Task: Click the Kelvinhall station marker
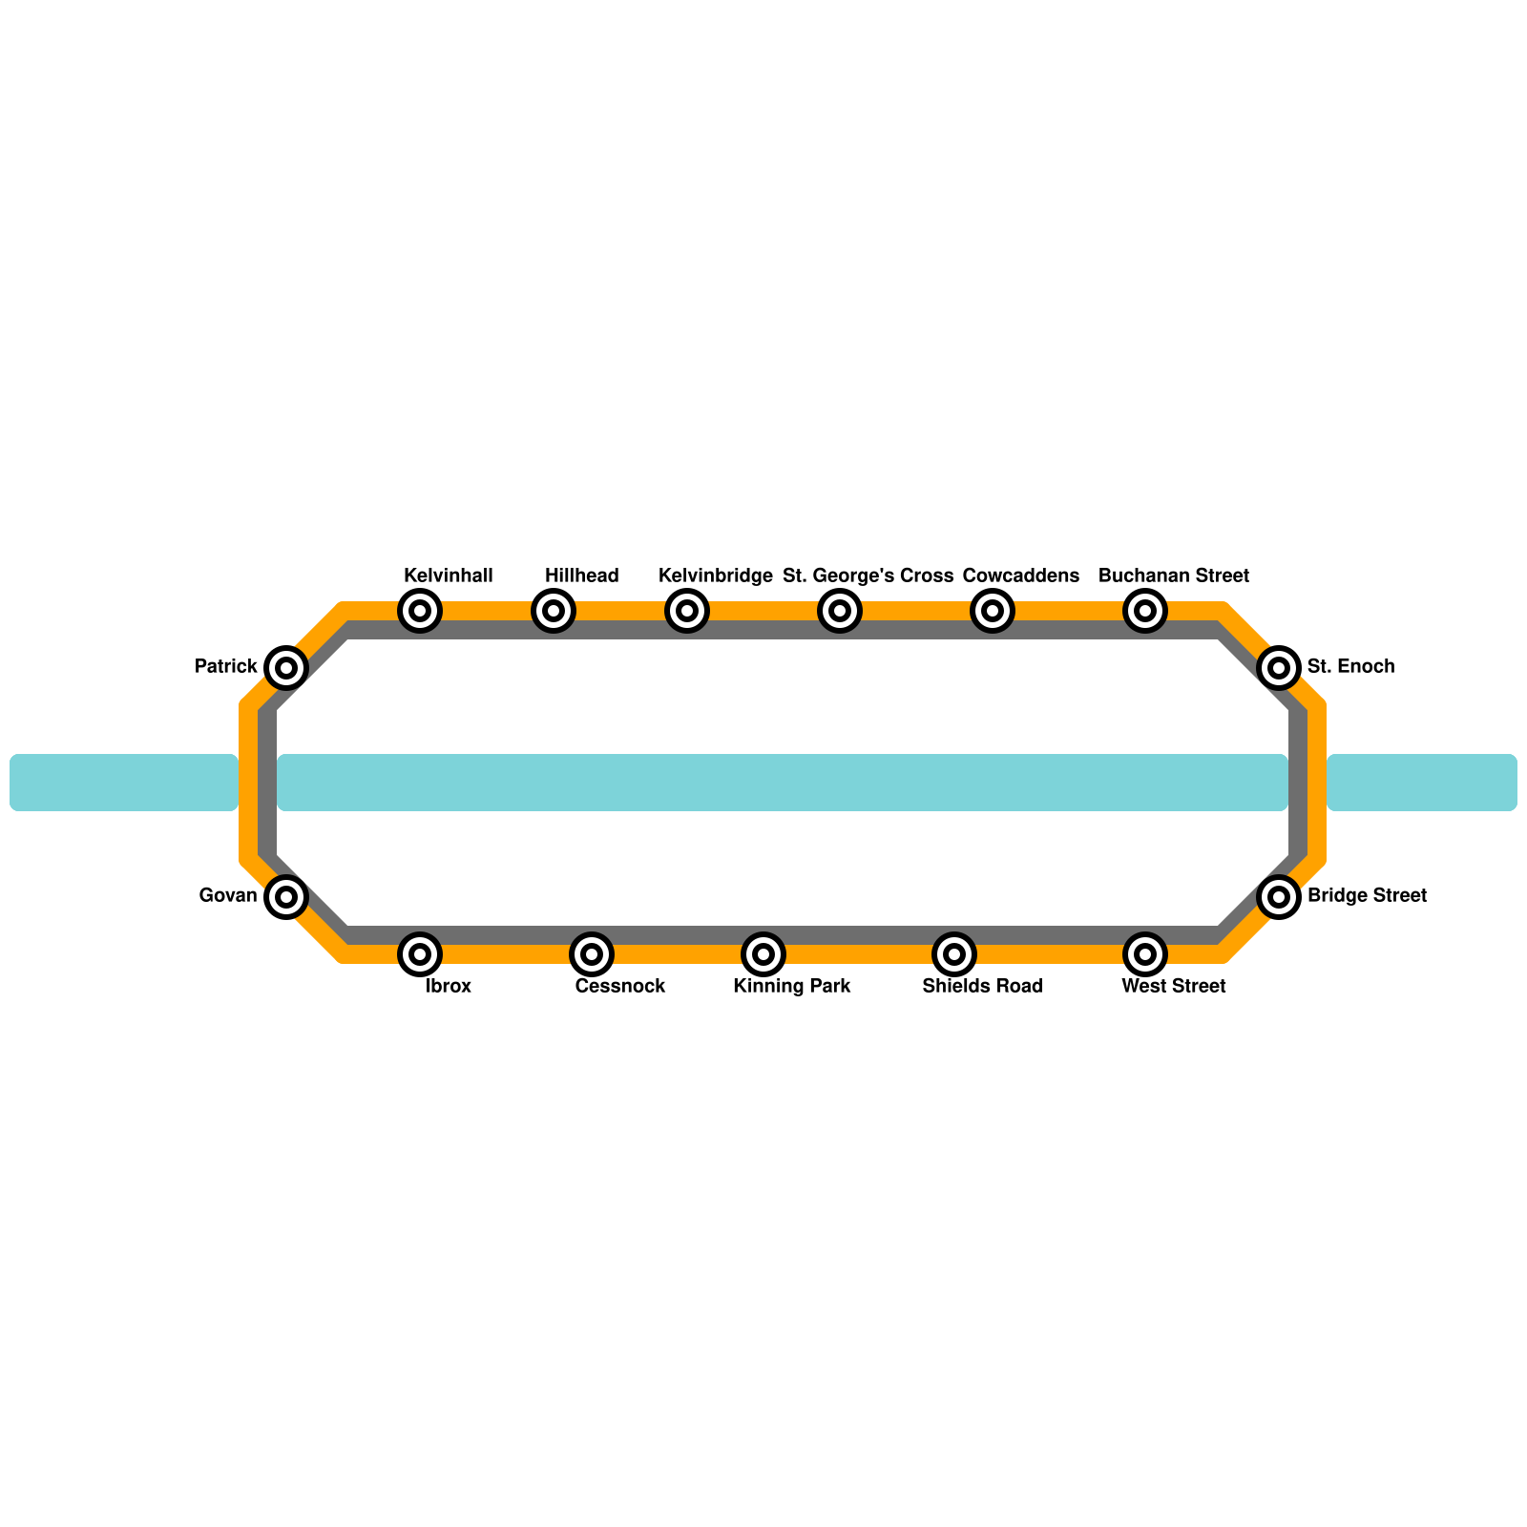(x=420, y=611)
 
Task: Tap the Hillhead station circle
(x=554, y=611)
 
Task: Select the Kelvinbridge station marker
(x=687, y=611)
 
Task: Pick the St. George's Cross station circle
(x=840, y=611)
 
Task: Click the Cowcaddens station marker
(x=993, y=611)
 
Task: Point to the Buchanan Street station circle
(x=1145, y=611)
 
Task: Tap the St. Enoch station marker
(x=1279, y=667)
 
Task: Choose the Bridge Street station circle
(x=1279, y=896)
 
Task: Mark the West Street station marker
(x=1145, y=953)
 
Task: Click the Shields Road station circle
(x=954, y=953)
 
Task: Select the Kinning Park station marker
(x=763, y=953)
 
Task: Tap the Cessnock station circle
(x=592, y=953)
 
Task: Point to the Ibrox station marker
(x=420, y=953)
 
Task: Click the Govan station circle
(x=286, y=896)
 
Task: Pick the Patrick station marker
(x=286, y=667)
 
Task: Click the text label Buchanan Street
(x=1174, y=576)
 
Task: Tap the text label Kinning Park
(x=792, y=987)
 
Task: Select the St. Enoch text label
(x=1350, y=667)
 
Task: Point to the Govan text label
(x=228, y=896)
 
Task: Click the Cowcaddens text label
(x=1021, y=576)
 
